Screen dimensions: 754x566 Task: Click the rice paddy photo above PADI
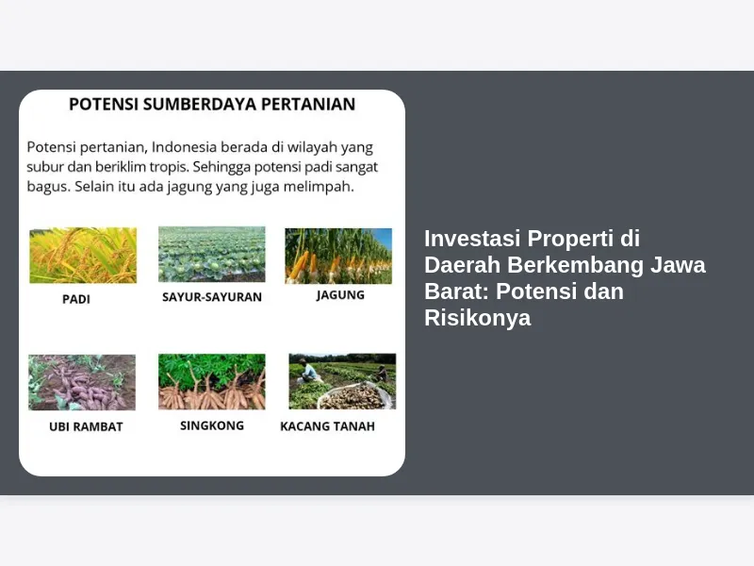click(x=83, y=255)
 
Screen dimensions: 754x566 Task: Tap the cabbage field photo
click(x=211, y=254)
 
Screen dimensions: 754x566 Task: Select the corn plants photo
click(x=338, y=256)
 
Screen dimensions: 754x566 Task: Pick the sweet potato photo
click(x=82, y=382)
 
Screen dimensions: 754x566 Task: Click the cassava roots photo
click(x=211, y=382)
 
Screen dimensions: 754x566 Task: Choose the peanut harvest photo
click(x=342, y=381)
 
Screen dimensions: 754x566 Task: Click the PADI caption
click(x=76, y=299)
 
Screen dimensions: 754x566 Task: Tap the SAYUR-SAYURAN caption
click(x=212, y=297)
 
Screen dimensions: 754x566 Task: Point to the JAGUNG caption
click(x=340, y=294)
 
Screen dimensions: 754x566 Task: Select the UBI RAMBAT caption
click(x=86, y=427)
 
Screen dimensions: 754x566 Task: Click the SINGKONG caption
click(x=212, y=425)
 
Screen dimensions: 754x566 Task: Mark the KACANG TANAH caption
click(x=327, y=426)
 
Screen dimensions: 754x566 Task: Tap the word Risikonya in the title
click(x=478, y=318)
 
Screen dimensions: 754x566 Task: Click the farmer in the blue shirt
click(x=308, y=372)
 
